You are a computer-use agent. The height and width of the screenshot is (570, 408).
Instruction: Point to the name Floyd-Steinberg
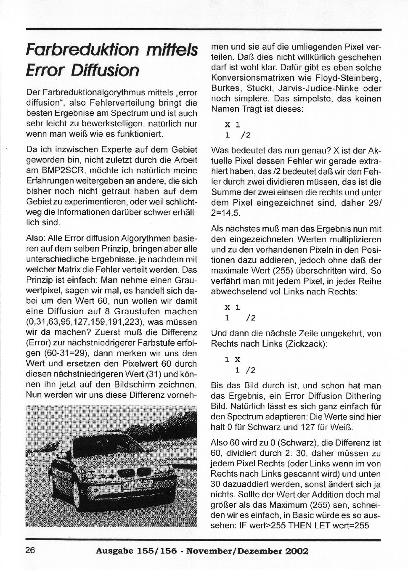353,78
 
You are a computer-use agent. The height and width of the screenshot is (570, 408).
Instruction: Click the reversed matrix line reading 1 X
232,360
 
